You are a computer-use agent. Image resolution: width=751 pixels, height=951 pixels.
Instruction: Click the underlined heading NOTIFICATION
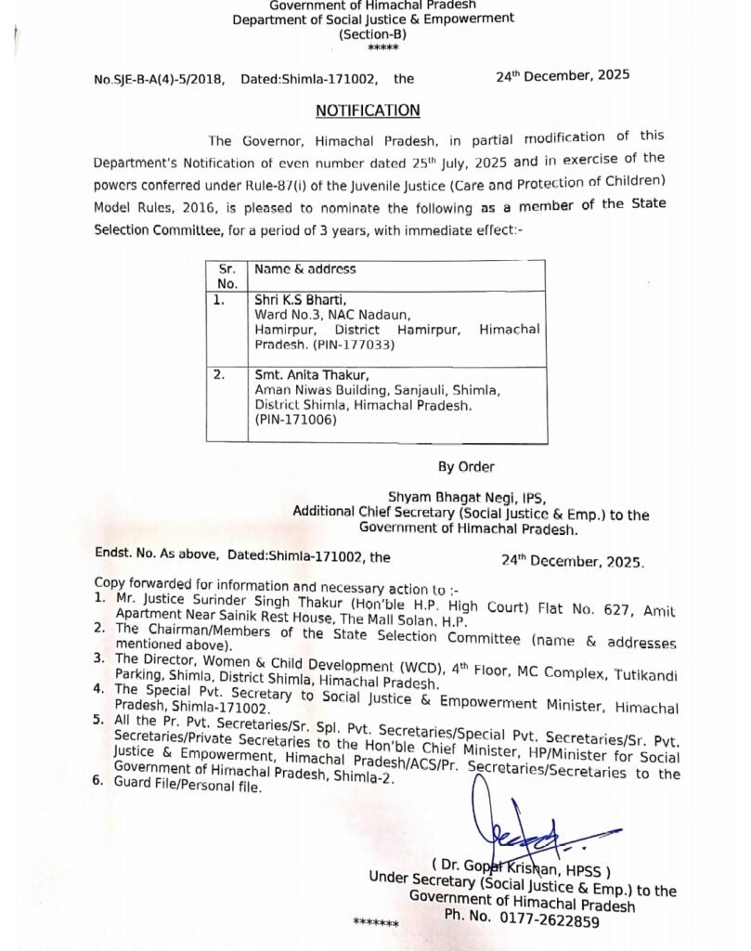pos(368,111)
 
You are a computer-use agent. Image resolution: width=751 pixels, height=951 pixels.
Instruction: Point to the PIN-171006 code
pos(294,420)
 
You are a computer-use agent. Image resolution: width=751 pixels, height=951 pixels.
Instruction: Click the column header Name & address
pos(305,269)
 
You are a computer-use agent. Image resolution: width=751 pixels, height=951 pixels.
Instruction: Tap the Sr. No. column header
pos(227,276)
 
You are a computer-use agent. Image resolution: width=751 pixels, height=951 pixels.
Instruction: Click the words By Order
pos(466,466)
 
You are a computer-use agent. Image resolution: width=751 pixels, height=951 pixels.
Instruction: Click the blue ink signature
pos(520,827)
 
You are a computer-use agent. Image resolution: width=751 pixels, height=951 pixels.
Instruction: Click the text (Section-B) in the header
pos(372,33)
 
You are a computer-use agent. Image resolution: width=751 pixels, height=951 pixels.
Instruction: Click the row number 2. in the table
pos(220,375)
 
